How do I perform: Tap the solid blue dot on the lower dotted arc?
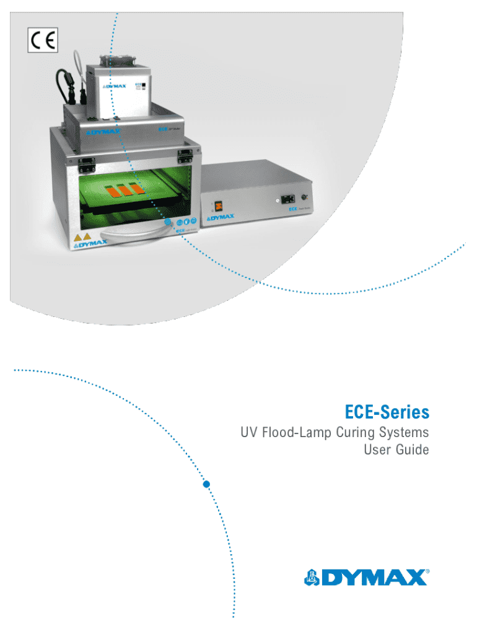pyautogui.click(x=207, y=484)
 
